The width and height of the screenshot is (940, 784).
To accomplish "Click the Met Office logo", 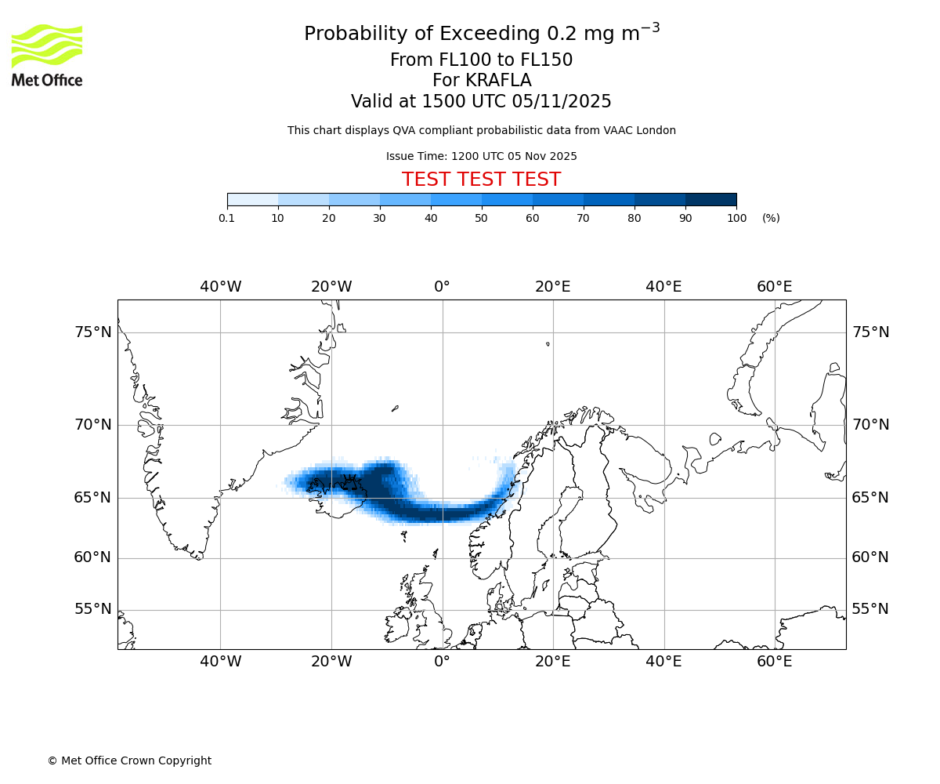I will point(47,55).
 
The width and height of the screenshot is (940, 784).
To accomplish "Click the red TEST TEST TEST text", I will point(481,180).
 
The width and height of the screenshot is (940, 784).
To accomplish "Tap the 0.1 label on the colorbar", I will point(226,218).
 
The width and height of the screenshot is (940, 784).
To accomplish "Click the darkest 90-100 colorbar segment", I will point(710,199).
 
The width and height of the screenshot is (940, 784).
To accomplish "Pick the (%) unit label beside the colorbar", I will point(771,218).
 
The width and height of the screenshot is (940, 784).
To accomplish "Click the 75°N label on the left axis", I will point(93,332).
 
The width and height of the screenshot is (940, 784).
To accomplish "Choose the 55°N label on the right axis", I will point(870,609).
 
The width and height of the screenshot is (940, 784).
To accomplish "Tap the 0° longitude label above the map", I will point(443,287).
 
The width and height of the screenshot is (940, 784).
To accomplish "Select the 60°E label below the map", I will point(774,662).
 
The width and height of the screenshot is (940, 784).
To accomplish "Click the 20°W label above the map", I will point(331,287).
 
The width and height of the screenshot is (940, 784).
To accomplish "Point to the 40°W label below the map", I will point(220,662).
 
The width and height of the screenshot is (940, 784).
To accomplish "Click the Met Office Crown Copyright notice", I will point(129,760).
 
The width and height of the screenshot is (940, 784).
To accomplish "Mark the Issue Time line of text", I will point(481,156).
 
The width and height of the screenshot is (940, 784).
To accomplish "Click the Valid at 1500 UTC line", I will point(481,101).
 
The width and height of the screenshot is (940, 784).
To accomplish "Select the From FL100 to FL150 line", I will point(481,60).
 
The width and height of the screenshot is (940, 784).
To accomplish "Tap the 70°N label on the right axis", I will point(870,425).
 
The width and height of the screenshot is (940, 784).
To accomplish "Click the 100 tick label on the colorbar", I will point(736,218).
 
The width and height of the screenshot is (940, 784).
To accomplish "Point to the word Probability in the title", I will point(352,34).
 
